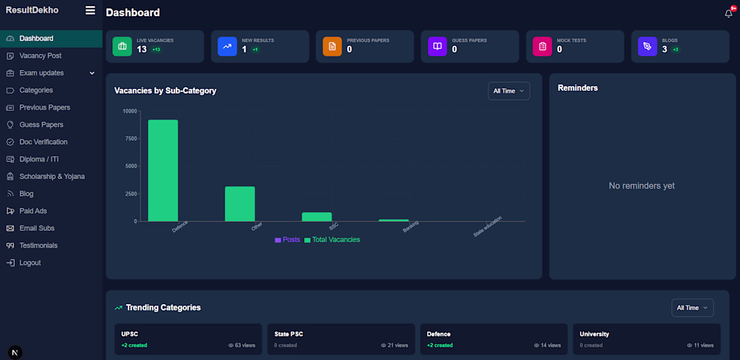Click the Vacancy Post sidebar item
pos(40,56)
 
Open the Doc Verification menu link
pos(43,142)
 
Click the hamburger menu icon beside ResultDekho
pos(90,10)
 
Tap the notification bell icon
pos(729,13)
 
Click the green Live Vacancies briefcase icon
pos(122,46)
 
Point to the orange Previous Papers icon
pos(332,46)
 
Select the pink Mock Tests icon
pos(542,46)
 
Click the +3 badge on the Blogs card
pos(675,50)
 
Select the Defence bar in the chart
pos(163,170)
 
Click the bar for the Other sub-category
pos(239,204)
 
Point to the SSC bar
pos(317,217)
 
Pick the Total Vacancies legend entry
pos(332,240)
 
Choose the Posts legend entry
pos(287,240)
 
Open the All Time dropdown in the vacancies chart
pos(509,91)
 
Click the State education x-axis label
pos(488,227)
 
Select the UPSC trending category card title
pos(129,334)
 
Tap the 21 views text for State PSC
pos(394,345)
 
